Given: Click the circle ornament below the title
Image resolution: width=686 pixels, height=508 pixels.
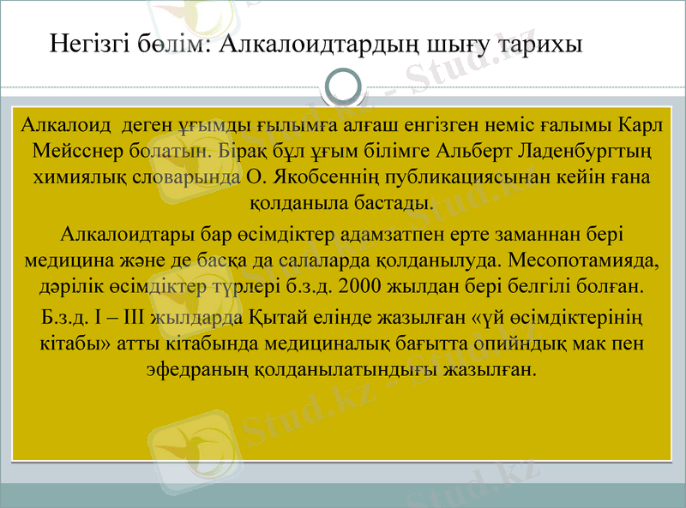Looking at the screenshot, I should click(x=344, y=87).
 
